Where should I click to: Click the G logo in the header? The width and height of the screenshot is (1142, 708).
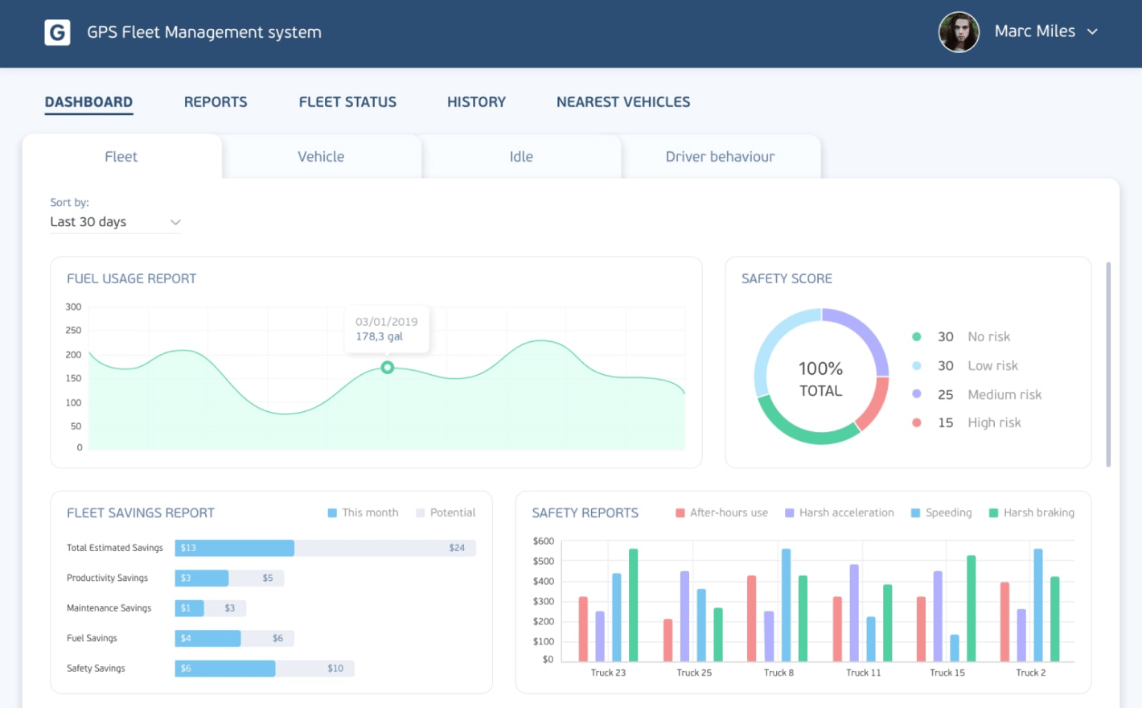pos(57,32)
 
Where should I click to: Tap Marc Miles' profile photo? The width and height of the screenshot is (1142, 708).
pos(959,32)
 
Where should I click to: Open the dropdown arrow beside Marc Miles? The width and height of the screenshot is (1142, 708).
pos(1092,32)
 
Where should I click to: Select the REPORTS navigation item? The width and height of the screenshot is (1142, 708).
pos(216,102)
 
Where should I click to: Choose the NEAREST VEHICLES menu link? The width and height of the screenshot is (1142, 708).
pos(623,102)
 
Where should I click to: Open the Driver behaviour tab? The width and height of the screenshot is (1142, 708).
pos(720,157)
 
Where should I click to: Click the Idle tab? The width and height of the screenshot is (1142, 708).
pos(521,157)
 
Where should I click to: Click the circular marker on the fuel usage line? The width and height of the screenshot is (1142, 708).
pos(388,368)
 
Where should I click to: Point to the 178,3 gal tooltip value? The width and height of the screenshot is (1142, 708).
pos(380,337)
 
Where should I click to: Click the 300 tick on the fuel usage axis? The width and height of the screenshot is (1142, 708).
pos(73,307)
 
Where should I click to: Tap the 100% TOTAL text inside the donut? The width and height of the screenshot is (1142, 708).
pos(820,379)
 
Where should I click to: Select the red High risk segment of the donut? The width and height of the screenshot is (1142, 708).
pos(873,403)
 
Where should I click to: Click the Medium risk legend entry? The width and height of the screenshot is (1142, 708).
pos(1004,395)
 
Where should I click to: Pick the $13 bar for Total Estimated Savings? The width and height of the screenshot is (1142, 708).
pos(234,548)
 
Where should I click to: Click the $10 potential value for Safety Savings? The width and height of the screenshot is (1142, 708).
pos(335,669)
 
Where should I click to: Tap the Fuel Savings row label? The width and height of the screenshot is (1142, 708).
pos(92,639)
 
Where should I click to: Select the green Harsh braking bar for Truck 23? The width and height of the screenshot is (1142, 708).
pos(634,605)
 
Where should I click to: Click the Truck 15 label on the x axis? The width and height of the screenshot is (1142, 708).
pos(947,673)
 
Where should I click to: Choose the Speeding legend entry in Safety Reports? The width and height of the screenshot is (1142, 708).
pos(947,513)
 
